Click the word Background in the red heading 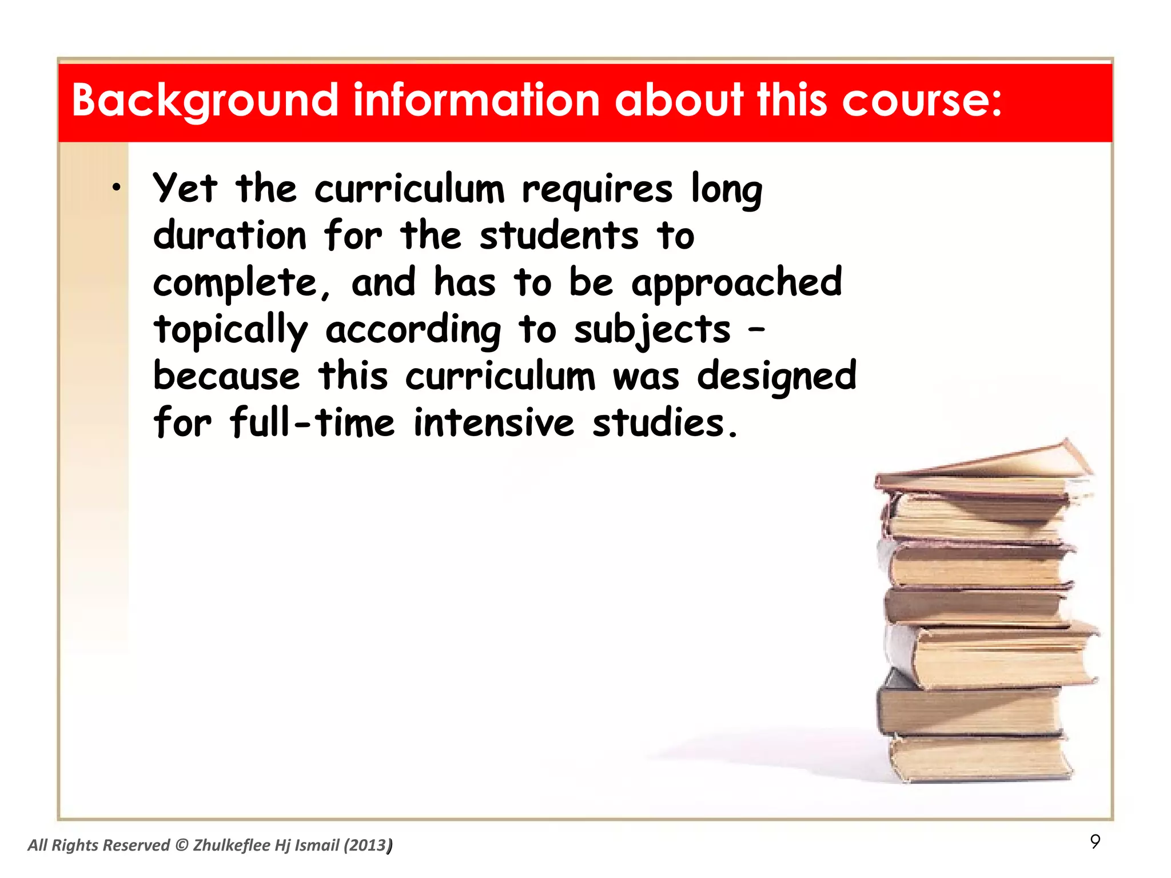coord(205,101)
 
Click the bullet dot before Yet coord(117,187)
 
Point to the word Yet coord(185,188)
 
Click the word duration coord(230,236)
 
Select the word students coord(559,236)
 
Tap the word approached coord(736,283)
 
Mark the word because coord(226,377)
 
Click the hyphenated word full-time coord(312,423)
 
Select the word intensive coord(493,423)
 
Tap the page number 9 coord(1095,841)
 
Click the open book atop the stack coord(983,466)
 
